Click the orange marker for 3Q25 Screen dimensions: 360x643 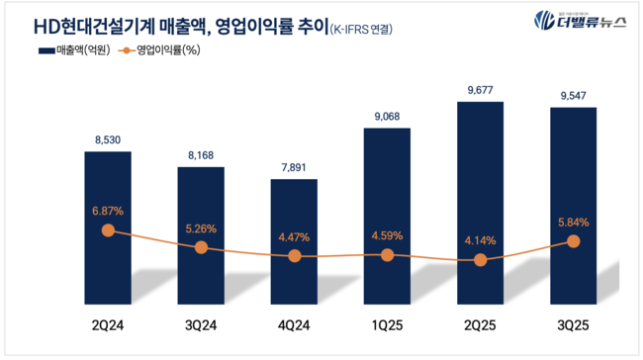pyautogui.click(x=573, y=241)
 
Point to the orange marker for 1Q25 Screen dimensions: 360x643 pyautogui.click(x=387, y=255)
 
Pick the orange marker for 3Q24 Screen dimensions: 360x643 pyautogui.click(x=201, y=247)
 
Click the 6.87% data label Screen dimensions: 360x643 pyautogui.click(x=108, y=212)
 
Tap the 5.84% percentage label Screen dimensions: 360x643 pyautogui.click(x=573, y=223)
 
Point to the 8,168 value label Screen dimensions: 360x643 pyautogui.click(x=201, y=155)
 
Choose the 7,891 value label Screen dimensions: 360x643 pyautogui.click(x=294, y=167)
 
